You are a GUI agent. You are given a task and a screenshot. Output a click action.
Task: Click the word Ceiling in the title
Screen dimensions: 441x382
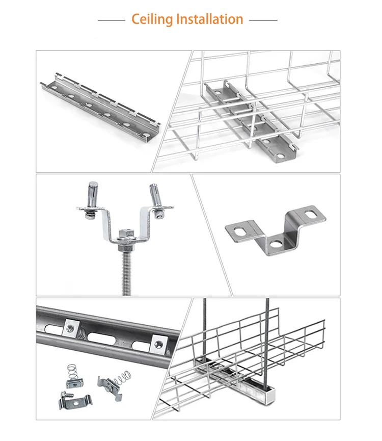(152, 19)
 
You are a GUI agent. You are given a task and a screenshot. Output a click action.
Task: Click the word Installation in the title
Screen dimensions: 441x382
(209, 19)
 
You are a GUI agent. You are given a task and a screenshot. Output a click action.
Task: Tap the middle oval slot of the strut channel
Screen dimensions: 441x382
(108, 337)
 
